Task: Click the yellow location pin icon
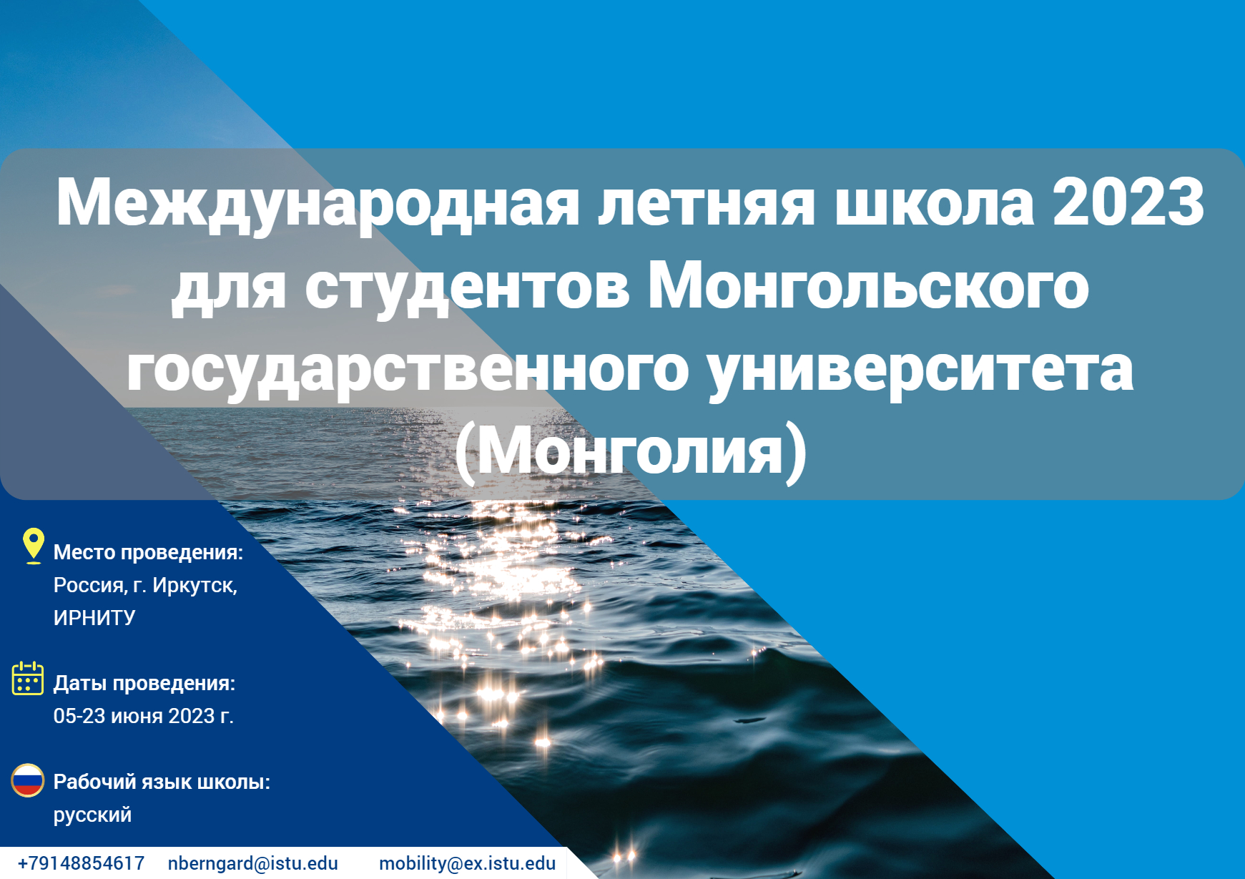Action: (33, 546)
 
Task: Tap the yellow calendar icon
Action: (28, 678)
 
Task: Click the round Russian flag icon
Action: (28, 780)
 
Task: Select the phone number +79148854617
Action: (81, 863)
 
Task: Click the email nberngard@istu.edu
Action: (253, 863)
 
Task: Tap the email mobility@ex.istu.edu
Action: (468, 863)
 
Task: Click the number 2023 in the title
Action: (1128, 202)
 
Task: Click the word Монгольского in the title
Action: (868, 287)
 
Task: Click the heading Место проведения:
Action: (149, 552)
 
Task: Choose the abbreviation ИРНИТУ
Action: (94, 618)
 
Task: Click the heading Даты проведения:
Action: (144, 683)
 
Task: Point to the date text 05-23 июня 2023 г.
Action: (144, 716)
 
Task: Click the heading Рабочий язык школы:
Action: (162, 782)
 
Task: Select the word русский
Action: (93, 815)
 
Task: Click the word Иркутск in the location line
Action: (194, 585)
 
